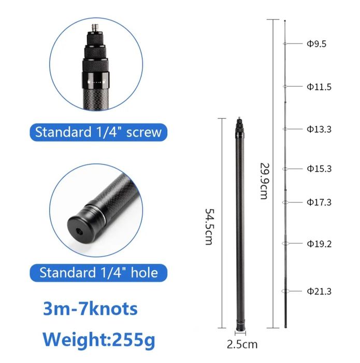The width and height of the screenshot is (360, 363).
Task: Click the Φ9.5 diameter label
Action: [x=316, y=44]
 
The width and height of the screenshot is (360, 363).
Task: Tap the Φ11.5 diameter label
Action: [x=319, y=87]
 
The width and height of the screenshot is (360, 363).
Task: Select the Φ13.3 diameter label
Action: [x=319, y=129]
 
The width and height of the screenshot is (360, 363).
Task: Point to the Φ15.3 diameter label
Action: [x=319, y=169]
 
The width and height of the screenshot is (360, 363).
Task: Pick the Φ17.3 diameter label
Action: [x=319, y=202]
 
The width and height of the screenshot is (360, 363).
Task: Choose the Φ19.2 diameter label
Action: [x=319, y=244]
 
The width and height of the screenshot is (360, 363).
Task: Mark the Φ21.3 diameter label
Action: [x=319, y=291]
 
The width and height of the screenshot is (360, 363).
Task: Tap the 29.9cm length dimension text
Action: [x=264, y=181]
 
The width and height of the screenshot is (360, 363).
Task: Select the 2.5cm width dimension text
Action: [x=242, y=344]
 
